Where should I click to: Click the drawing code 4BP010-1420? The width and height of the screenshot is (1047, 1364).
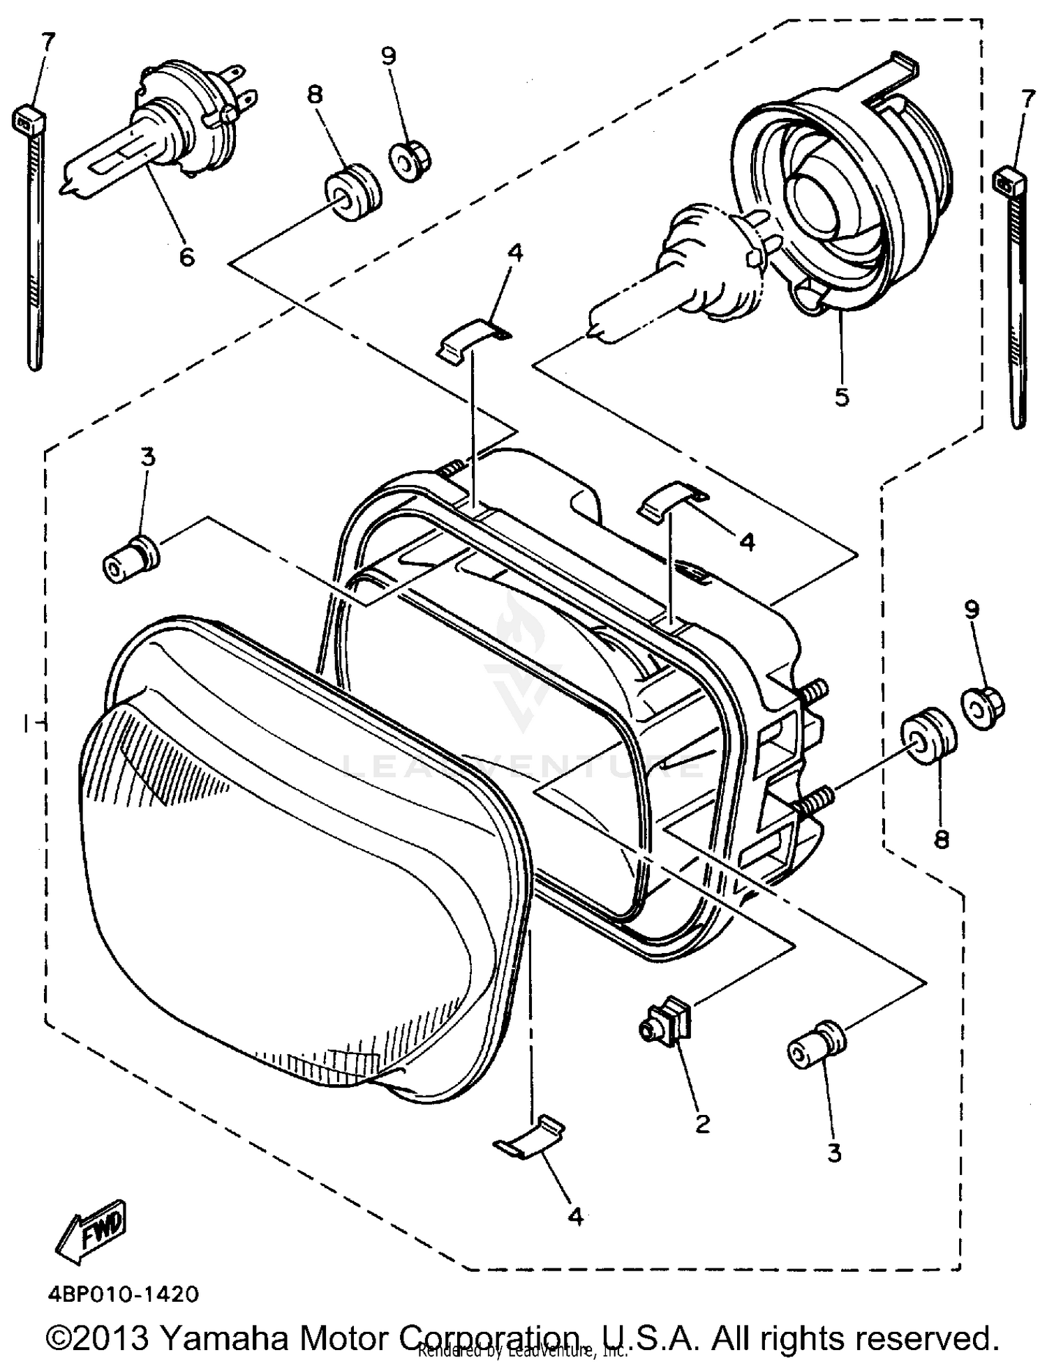coord(123,1294)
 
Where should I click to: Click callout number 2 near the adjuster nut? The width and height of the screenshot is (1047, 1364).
coord(702,1123)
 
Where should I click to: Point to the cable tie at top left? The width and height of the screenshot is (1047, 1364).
coord(31,230)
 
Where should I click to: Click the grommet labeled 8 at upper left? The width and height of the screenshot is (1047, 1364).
coord(353,193)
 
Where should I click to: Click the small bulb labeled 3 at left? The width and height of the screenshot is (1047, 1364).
coord(131,562)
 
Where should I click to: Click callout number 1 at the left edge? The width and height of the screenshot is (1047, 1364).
coord(26,726)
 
